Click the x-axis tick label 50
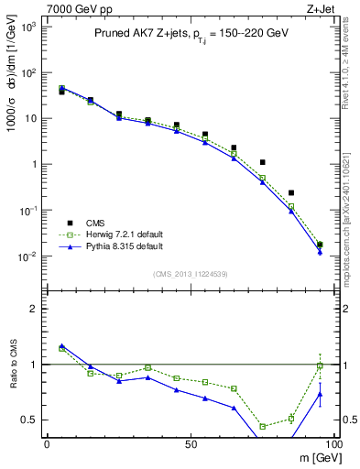190,443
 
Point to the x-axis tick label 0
48,443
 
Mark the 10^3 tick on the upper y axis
27,27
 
